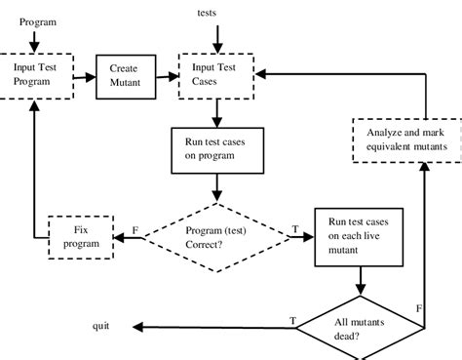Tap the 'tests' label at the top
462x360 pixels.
tap(208, 13)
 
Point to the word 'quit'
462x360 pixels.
tap(100, 326)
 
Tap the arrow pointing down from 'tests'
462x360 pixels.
tap(217, 35)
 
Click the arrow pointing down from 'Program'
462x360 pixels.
tap(37, 41)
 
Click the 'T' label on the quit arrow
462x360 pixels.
tap(292, 319)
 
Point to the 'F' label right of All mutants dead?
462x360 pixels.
tap(418, 308)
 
